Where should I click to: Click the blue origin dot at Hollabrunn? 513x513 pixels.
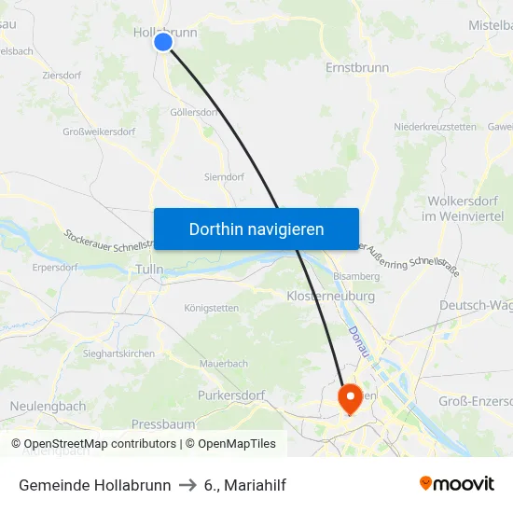[x=163, y=42]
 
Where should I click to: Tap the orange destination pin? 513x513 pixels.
[x=351, y=398]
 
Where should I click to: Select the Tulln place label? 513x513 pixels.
[x=149, y=269]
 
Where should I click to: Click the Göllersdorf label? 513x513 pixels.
[x=195, y=112]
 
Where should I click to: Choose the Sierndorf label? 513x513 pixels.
[x=224, y=175]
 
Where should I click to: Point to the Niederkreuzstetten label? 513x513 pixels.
[x=436, y=126]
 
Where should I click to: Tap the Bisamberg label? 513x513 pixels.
[x=356, y=276]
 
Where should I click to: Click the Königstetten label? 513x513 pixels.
[x=212, y=307]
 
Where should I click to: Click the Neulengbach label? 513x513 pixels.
[x=48, y=406]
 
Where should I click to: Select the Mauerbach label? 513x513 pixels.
[x=223, y=363]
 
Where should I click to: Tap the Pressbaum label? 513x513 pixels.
[x=162, y=423]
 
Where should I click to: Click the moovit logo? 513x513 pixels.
[x=457, y=483]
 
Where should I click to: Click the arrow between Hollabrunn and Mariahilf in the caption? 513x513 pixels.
[x=187, y=485]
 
